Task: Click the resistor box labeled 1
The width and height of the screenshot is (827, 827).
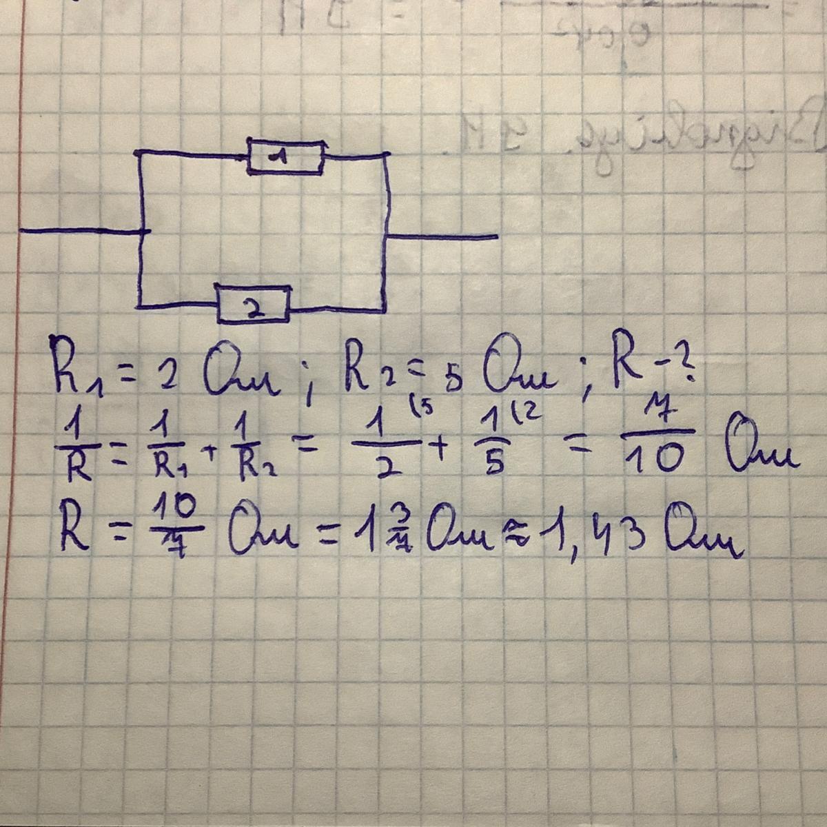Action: pos(285,158)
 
